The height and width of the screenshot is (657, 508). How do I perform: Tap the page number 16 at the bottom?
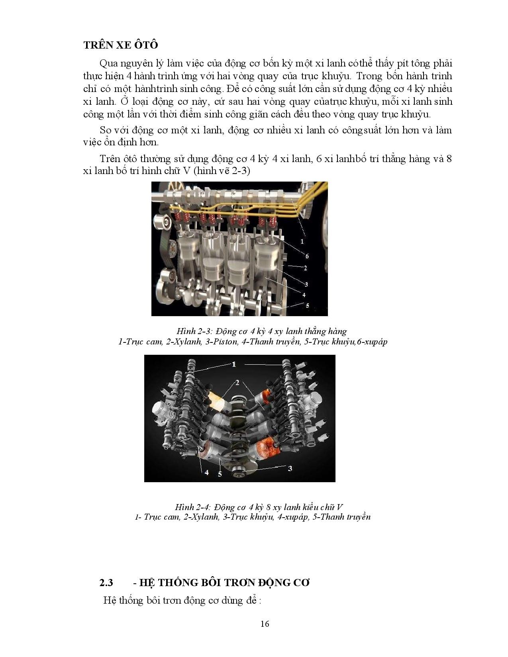point(265,624)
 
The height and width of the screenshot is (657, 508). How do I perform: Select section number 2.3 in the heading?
point(106,583)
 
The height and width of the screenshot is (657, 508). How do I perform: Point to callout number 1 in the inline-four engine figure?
point(302,241)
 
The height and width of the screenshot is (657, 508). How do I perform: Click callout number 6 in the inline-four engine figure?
point(307,256)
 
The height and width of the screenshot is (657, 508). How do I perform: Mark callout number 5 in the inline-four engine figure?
point(307,306)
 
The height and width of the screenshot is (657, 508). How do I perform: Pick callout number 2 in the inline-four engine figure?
point(306,268)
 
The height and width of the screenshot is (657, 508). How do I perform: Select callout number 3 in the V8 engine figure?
point(290,468)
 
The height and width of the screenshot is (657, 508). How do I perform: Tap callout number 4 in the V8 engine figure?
point(206,472)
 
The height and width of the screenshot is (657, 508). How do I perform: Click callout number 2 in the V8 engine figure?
point(237,383)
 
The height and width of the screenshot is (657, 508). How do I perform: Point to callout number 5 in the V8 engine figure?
point(220,474)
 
